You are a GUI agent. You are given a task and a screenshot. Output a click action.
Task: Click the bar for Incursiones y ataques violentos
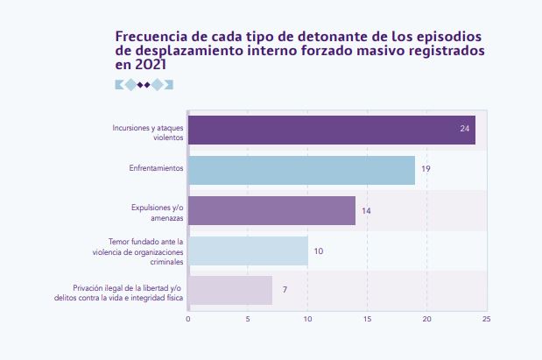[331, 130]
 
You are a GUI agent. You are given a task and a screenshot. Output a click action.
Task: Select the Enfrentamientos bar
[301, 170]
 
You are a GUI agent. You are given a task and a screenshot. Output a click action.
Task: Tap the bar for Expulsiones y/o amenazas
[271, 210]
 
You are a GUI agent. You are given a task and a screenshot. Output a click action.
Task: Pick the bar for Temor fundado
[248, 251]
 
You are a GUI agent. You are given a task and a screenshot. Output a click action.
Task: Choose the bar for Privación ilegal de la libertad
[230, 290]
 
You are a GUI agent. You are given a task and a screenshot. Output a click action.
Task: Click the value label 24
[465, 130]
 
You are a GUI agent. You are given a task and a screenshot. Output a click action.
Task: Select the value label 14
[366, 211]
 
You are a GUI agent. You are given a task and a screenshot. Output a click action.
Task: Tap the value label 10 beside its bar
[319, 251]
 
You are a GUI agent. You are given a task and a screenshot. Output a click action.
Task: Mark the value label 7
[285, 290]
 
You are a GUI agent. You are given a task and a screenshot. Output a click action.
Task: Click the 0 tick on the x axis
[188, 319]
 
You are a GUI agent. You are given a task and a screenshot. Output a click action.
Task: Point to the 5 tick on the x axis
[248, 319]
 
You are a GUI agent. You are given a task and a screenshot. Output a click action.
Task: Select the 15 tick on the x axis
[368, 319]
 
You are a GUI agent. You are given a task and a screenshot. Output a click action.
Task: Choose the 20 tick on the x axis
[427, 319]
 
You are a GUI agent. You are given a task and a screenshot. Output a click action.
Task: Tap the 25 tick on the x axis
[486, 319]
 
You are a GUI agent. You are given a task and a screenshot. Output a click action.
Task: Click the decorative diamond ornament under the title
[144, 85]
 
